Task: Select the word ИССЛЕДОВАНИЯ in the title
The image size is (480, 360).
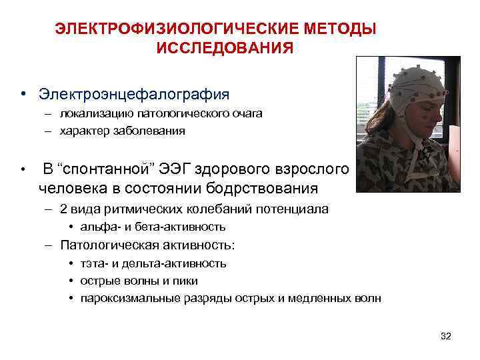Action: [x=225, y=49]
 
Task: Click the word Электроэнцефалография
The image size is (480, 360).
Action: [x=134, y=93]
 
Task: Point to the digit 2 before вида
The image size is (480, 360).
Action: [x=63, y=209]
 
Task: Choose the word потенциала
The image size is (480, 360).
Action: [x=293, y=209]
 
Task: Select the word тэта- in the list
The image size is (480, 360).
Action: [x=93, y=263]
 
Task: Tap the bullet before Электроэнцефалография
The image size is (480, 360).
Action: [x=23, y=93]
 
